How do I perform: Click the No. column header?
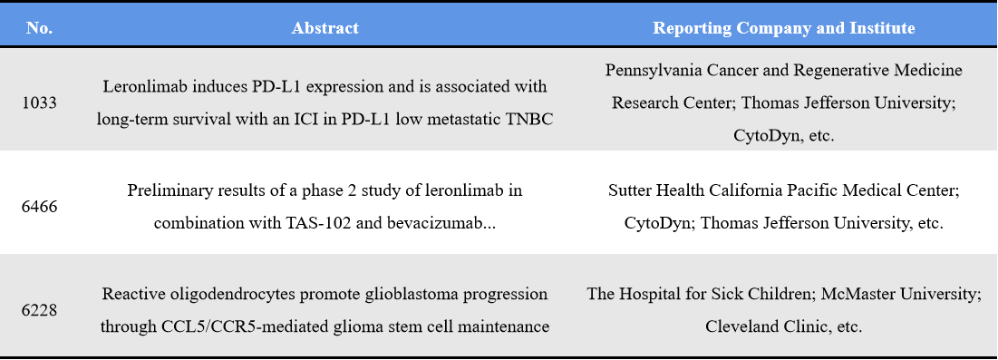coord(40,27)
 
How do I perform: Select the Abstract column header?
coord(325,27)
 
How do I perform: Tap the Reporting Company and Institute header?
coord(783,27)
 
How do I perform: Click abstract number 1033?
coord(40,102)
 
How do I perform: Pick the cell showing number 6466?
coord(40,206)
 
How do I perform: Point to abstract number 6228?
coord(40,309)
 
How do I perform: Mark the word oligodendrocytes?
coord(229,294)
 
